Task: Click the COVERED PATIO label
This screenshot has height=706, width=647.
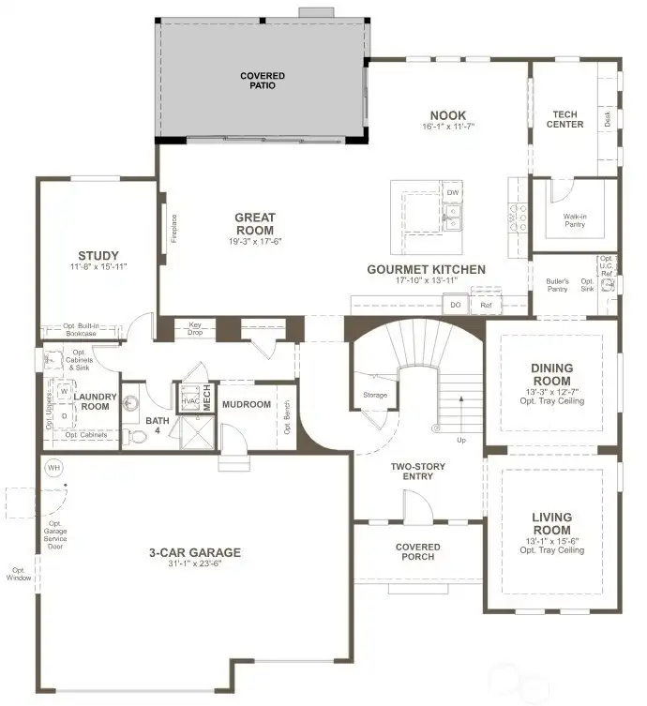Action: (x=262, y=81)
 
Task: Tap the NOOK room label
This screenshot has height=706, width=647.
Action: (x=447, y=116)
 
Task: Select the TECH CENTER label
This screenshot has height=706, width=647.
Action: (x=567, y=119)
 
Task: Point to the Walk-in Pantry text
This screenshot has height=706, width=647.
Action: (x=575, y=219)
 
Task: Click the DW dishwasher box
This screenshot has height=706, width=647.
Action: (x=453, y=192)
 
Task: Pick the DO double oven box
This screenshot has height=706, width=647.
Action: (x=456, y=305)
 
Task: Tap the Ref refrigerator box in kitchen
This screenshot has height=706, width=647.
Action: (x=486, y=305)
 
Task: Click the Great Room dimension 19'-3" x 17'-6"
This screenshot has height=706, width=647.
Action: (x=254, y=242)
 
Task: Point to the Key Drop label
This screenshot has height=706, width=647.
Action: (x=195, y=328)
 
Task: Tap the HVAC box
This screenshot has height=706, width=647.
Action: (x=188, y=399)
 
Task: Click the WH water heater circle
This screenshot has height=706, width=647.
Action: (x=53, y=467)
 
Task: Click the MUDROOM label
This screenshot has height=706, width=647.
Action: (x=247, y=405)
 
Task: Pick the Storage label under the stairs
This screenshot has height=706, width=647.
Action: (x=375, y=395)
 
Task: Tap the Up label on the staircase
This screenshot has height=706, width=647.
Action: (x=460, y=439)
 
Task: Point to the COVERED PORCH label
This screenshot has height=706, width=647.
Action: (x=417, y=551)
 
